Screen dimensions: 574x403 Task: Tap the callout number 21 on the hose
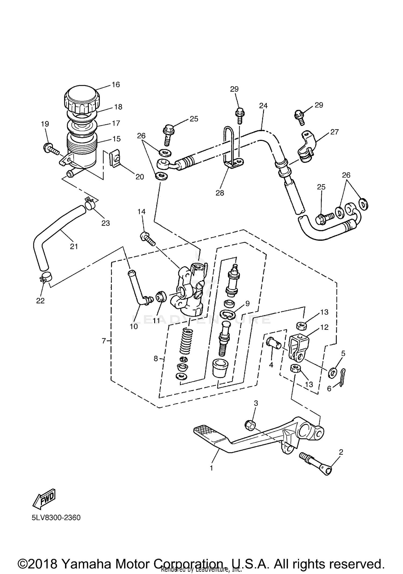click(x=74, y=246)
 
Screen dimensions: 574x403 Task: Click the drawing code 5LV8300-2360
click(x=56, y=518)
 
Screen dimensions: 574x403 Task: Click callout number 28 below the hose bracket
click(x=220, y=193)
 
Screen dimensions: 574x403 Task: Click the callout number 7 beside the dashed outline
click(x=104, y=341)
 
